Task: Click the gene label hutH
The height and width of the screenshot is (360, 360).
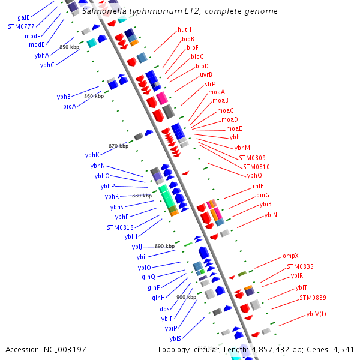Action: (184, 29)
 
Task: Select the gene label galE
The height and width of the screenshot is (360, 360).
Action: (23, 18)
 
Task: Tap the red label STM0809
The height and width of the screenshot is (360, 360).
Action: (251, 158)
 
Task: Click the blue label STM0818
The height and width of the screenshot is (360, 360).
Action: (120, 227)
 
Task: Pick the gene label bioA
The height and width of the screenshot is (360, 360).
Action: (70, 106)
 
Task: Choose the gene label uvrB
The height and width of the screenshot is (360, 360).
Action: (206, 74)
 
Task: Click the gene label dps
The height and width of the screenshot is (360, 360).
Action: (164, 309)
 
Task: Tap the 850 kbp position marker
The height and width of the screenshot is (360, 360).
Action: (69, 47)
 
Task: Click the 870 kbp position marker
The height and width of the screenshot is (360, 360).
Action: (118, 146)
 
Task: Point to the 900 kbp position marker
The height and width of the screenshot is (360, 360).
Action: (186, 297)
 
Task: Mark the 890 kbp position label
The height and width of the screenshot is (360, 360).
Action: (164, 246)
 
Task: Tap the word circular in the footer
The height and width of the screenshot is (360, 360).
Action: (207, 349)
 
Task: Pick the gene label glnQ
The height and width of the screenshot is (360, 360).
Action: (148, 277)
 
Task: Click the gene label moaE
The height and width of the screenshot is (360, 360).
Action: (234, 128)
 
